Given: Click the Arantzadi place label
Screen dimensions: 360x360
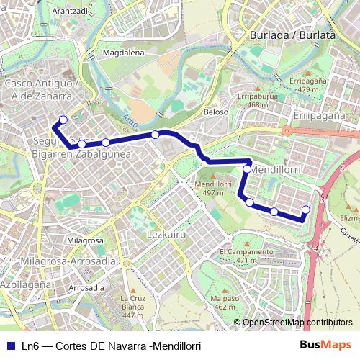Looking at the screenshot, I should click(70, 12).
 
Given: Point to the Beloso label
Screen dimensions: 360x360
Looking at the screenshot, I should click(216, 112).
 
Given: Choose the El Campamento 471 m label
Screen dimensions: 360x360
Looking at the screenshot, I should click(246, 256).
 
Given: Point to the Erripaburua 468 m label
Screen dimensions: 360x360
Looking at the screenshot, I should click(257, 100).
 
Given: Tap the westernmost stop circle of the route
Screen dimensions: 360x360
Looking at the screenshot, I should click(63, 120).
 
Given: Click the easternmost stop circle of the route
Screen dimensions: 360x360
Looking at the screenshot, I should click(305, 210).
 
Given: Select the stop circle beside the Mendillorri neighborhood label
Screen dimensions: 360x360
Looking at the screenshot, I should click(247, 169).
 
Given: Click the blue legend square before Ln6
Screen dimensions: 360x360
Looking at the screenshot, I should click(10, 346).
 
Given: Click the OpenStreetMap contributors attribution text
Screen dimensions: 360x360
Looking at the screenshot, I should click(297, 323).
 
